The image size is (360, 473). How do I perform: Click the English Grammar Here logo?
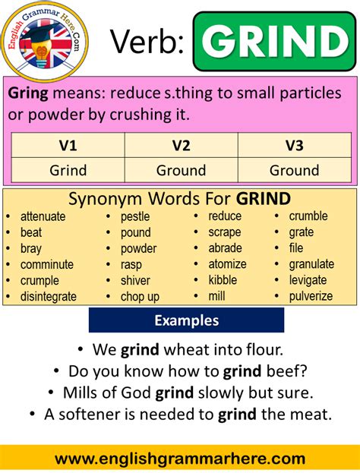click(x=43, y=43)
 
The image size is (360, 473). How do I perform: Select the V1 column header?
click(x=68, y=145)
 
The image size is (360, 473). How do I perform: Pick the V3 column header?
click(x=295, y=145)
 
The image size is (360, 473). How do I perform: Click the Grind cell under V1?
click(x=68, y=170)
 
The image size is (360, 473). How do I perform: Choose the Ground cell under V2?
click(x=181, y=170)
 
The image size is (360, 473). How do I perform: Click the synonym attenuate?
click(x=43, y=216)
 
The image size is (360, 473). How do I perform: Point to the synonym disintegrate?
click(x=49, y=296)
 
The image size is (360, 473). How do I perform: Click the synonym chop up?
click(x=140, y=296)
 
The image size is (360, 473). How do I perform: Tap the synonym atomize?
click(x=227, y=264)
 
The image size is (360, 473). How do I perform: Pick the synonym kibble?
click(x=223, y=280)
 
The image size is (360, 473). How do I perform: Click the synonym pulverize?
click(x=311, y=296)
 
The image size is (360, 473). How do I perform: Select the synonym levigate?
click(x=308, y=280)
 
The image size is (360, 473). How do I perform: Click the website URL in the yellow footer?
click(x=180, y=459)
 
